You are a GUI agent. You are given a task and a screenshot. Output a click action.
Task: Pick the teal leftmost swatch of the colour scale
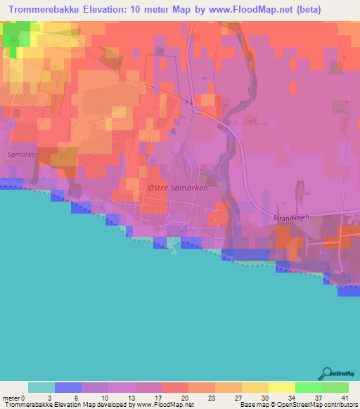[x=41, y=387]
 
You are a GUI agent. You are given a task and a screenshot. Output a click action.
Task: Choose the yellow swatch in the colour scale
[x=281, y=387]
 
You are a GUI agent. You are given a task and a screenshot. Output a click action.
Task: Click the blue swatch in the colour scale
[x=68, y=387]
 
